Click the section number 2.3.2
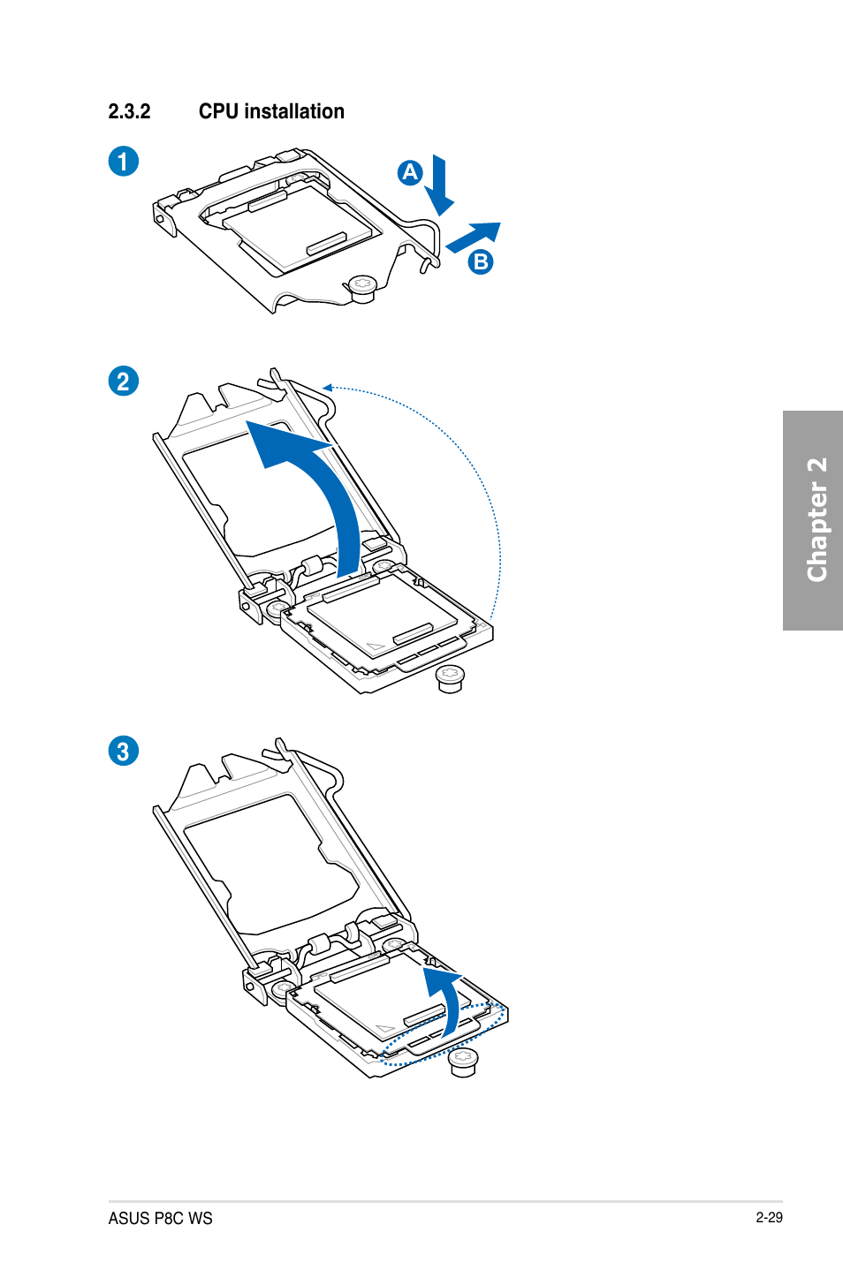[x=129, y=112]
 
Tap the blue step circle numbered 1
[x=124, y=162]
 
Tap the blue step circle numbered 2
[x=124, y=382]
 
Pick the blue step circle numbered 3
[x=124, y=752]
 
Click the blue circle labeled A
[x=409, y=172]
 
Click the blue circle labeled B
[x=480, y=261]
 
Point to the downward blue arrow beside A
[x=439, y=186]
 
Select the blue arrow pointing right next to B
[x=474, y=237]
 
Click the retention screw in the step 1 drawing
[x=361, y=286]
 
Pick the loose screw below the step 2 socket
[x=450, y=678]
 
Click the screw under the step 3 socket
[x=463, y=1061]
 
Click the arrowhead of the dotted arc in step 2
[x=327, y=387]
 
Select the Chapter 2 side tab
[x=813, y=520]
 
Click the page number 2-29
[x=769, y=1217]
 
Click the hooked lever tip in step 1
[x=428, y=263]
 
